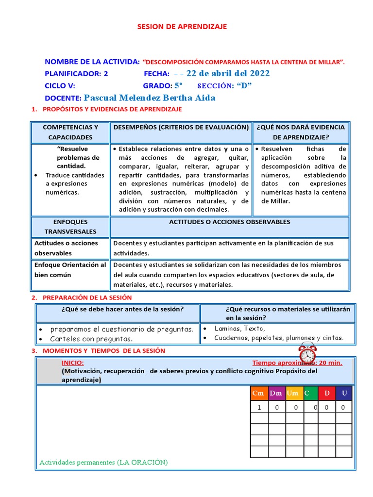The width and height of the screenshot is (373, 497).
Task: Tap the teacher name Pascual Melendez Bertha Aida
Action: click(150, 98)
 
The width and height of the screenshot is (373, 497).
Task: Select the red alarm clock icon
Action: click(307, 352)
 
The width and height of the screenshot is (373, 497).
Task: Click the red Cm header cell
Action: click(258, 393)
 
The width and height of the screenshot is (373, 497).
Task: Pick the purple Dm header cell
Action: click(276, 393)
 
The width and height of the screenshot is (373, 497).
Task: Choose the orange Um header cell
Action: click(293, 393)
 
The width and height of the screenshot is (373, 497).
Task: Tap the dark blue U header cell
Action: click(344, 393)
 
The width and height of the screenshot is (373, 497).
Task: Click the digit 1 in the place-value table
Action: click(259, 408)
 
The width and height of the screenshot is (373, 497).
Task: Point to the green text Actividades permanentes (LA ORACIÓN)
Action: click(103, 463)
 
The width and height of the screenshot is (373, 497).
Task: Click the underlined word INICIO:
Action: click(72, 363)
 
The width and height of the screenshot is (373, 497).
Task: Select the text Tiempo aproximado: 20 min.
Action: click(297, 363)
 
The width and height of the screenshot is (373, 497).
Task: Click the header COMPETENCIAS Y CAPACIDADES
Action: click(70, 132)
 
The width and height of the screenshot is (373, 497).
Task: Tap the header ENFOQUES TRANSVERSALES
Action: click(70, 227)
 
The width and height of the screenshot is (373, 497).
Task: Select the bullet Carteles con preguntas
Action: click(91, 339)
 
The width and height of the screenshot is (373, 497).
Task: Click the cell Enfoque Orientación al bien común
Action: click(70, 270)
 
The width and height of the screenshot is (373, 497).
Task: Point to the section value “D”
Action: click(244, 86)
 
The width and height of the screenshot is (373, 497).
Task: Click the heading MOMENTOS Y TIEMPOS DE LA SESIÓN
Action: click(104, 351)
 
